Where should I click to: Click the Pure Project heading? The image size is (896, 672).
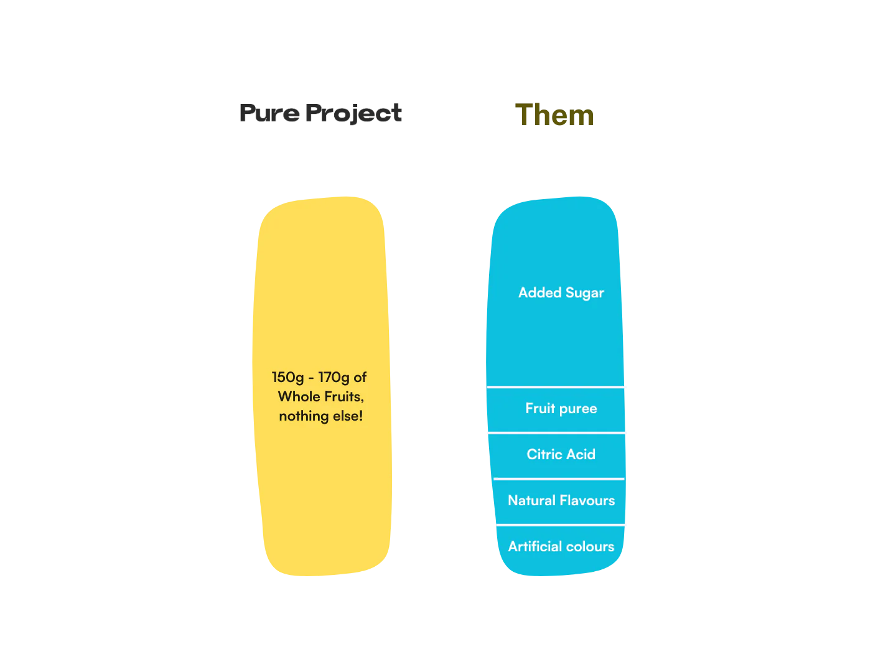320,113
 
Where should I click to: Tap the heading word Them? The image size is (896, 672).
556,116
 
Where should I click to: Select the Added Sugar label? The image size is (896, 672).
561,292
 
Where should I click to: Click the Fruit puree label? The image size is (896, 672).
561,408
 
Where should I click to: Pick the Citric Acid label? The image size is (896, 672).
561,454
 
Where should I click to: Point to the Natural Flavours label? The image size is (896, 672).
561,500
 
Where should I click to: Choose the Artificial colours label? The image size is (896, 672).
561,546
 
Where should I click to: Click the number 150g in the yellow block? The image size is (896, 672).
287,378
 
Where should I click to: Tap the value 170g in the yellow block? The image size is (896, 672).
334,378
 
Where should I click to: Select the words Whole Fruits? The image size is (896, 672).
320,396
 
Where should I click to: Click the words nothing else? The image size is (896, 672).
320,416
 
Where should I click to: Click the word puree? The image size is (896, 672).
578,409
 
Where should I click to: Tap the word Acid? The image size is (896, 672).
580,454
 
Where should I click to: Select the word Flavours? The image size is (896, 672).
587,500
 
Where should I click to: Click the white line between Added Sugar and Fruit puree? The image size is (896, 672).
556,386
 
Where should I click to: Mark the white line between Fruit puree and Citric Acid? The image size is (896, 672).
556,432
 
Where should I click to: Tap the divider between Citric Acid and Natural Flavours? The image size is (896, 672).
558,478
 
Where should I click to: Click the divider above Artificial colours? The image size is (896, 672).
559,525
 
